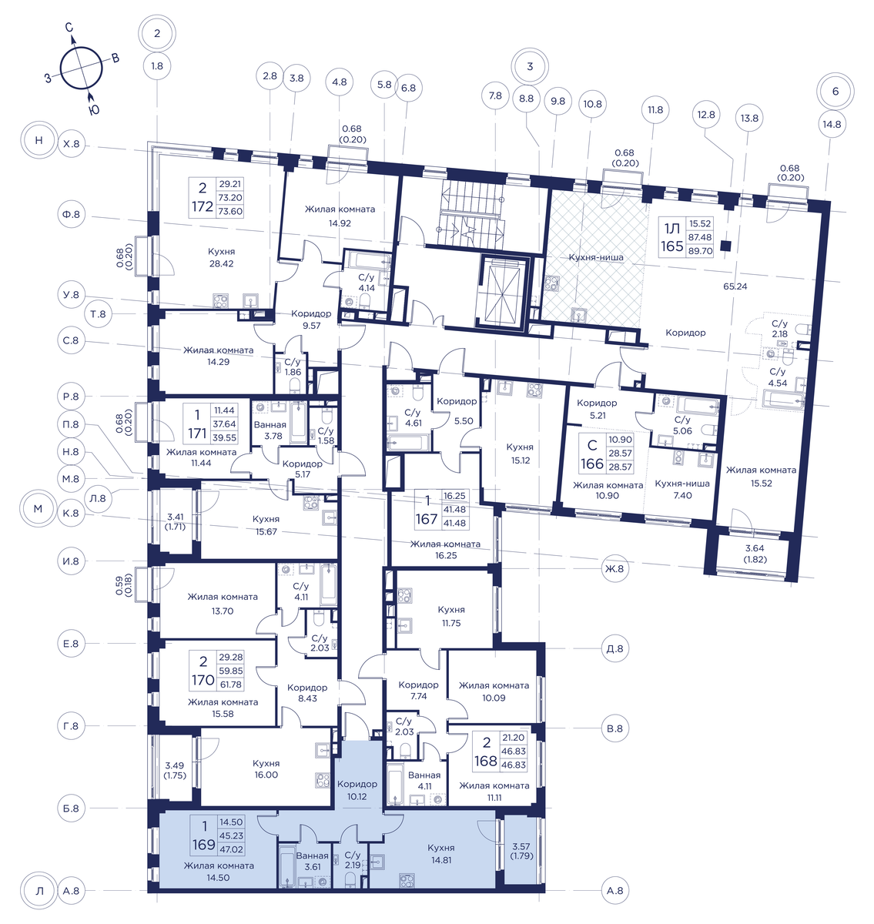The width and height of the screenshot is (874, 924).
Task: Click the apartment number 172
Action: [x=203, y=206]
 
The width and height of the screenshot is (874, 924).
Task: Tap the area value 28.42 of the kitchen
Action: [x=222, y=263]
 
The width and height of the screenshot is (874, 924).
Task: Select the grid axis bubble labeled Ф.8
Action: [x=71, y=214]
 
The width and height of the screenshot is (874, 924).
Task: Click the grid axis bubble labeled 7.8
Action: [x=495, y=96]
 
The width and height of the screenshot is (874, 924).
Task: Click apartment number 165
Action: [x=671, y=246]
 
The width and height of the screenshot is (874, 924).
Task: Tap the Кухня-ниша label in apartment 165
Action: [x=596, y=257]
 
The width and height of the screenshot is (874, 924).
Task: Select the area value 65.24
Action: [x=735, y=286]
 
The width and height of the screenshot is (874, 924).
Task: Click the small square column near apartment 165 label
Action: [x=726, y=246]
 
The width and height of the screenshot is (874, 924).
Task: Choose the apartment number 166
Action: [x=592, y=464]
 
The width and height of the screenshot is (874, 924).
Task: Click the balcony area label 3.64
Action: [x=755, y=548]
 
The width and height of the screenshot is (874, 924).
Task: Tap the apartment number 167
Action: [x=427, y=519]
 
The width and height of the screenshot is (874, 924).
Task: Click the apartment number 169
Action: [x=203, y=845]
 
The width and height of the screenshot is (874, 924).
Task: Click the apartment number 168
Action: [x=486, y=761]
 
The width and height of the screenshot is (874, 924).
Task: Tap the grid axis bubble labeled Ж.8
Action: [x=614, y=569]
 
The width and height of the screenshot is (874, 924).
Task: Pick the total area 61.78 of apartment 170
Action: [x=230, y=685]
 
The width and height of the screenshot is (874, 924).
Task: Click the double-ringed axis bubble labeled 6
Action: [x=835, y=91]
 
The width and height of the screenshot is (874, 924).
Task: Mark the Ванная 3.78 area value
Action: [x=273, y=436]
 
